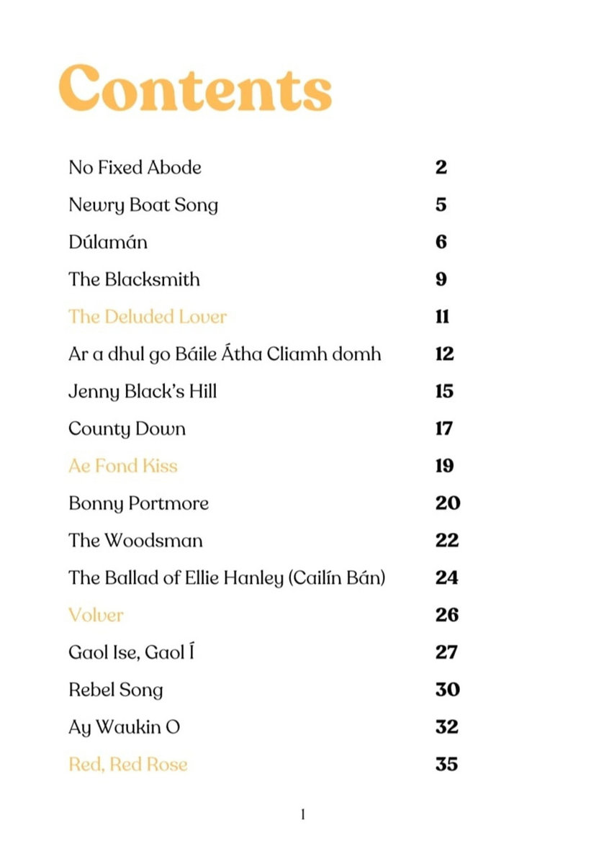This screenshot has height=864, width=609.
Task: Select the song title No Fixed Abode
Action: click(135, 168)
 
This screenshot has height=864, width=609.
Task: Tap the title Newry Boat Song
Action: click(143, 205)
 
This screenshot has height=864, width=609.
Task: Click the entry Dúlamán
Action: click(107, 242)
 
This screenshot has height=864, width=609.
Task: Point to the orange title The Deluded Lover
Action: click(147, 317)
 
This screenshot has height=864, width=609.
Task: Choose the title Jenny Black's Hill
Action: click(142, 392)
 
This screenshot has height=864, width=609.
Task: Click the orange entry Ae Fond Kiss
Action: click(122, 466)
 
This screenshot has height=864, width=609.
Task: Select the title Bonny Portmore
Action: click(138, 503)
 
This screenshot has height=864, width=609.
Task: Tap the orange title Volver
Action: click(96, 615)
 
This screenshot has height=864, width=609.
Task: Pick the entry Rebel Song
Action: click(115, 690)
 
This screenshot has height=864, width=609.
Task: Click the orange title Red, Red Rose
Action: click(127, 764)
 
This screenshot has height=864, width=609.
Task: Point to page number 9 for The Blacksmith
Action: click(441, 279)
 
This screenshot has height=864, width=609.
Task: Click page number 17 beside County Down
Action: click(444, 428)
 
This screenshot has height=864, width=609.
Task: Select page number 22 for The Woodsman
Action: click(447, 540)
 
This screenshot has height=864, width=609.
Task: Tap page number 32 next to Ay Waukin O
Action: click(447, 726)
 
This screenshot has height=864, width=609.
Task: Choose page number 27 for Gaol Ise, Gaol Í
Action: click(446, 652)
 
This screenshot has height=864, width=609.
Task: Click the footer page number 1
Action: click(303, 815)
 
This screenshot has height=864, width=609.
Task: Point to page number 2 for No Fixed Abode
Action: click(441, 168)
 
